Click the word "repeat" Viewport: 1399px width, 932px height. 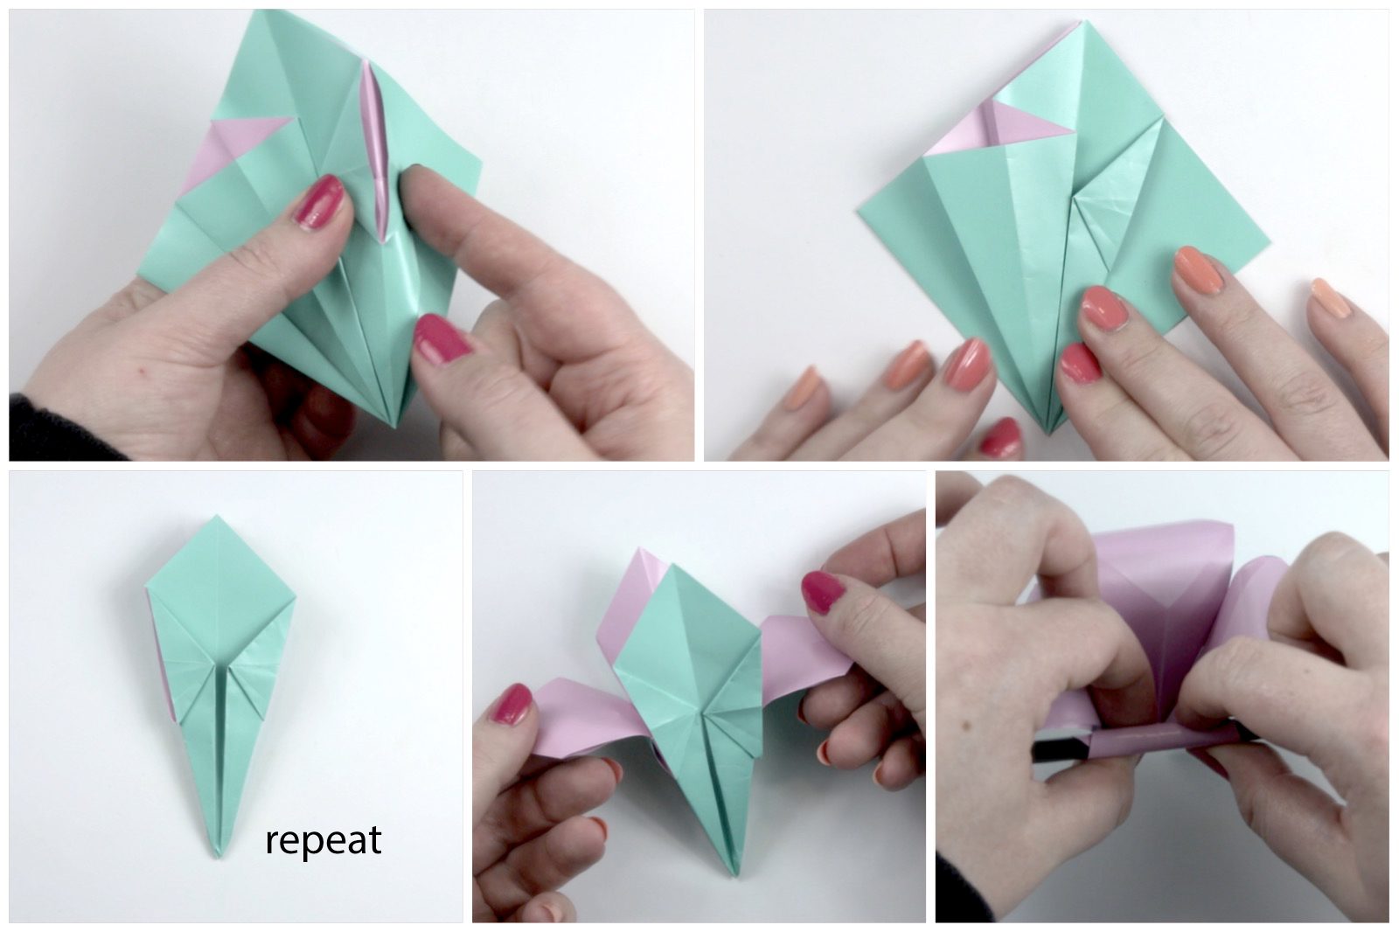pyautogui.click(x=324, y=842)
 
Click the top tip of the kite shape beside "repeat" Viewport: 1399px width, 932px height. pyautogui.click(x=217, y=516)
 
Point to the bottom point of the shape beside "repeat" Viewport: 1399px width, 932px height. pyautogui.click(x=218, y=856)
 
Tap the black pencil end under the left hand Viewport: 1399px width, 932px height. pyautogui.click(x=1061, y=749)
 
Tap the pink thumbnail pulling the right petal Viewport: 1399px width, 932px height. pyautogui.click(x=823, y=591)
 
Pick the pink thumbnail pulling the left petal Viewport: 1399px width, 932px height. pyautogui.click(x=512, y=704)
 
